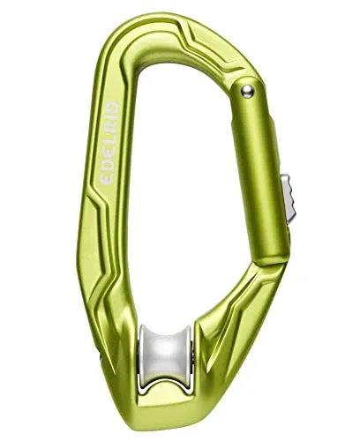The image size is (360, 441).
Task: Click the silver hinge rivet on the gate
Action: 248,87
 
